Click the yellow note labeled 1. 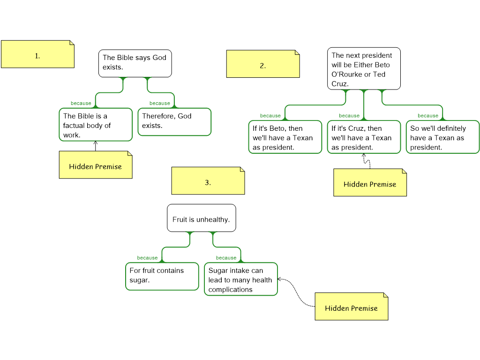click(37, 54)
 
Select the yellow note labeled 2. click(263, 64)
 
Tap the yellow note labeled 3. click(208, 181)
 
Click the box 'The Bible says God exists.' click(135, 63)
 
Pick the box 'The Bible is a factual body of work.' click(96, 125)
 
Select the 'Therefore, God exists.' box click(174, 122)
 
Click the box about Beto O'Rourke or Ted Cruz click(364, 68)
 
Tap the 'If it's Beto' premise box click(285, 137)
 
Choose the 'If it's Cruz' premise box click(364, 137)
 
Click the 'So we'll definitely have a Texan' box click(442, 137)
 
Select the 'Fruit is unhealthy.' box click(202, 218)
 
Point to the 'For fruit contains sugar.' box click(162, 277)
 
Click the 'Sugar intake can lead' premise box click(241, 279)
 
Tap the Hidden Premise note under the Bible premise click(96, 165)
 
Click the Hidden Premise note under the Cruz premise click(370, 182)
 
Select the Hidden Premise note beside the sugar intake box click(352, 307)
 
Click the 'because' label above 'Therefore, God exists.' click(160, 103)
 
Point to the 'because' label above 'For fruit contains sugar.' click(147, 258)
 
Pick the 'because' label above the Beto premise click(270, 115)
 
